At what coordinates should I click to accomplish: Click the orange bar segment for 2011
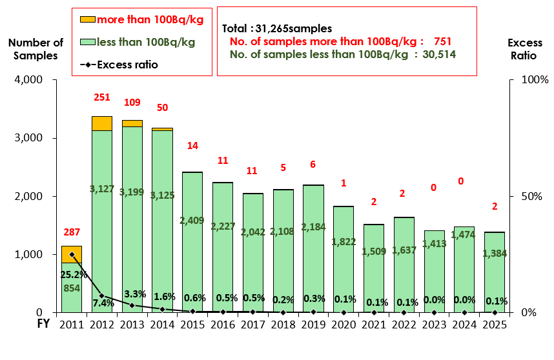[x=71, y=254]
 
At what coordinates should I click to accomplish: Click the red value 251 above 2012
[x=101, y=97]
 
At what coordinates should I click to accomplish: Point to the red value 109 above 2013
[x=132, y=102]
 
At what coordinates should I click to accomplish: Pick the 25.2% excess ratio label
[x=72, y=274]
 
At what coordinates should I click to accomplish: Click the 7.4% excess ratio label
[x=103, y=303]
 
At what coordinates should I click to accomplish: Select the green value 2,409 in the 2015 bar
[x=192, y=220]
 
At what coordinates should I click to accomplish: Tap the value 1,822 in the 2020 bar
[x=344, y=241]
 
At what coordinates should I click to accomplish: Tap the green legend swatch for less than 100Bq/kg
[x=87, y=42]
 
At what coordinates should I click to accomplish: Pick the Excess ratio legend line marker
[x=87, y=65]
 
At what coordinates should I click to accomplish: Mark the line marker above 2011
[x=72, y=254]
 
